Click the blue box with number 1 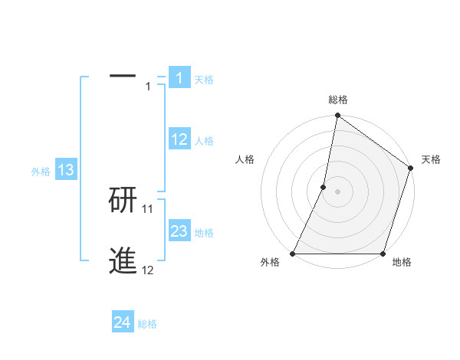tap(179, 77)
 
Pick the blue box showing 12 tap(179, 139)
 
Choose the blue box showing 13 tap(66, 170)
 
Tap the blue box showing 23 tap(179, 231)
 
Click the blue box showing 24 tap(123, 322)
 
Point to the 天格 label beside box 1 tap(204, 80)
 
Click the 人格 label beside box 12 tap(204, 141)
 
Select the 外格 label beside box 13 tap(41, 172)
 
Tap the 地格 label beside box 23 tap(204, 233)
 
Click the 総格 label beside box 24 tap(147, 324)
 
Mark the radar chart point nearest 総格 tap(337, 116)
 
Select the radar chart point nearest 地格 tap(383, 254)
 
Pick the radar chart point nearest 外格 tap(293, 254)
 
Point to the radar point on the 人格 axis tap(324, 187)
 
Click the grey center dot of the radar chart tap(337, 191)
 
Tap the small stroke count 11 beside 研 tap(148, 208)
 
